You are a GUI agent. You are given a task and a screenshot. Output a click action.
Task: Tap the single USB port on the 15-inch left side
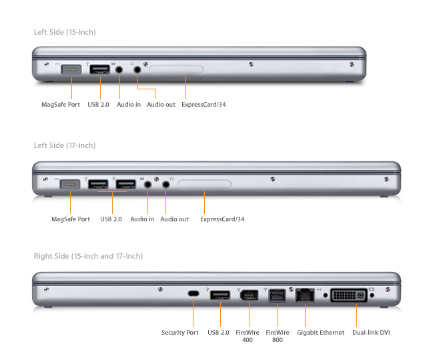point(100,69)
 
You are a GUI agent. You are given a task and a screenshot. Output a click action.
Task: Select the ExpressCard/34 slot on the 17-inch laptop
point(205,183)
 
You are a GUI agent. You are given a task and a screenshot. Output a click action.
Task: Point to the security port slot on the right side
point(193,294)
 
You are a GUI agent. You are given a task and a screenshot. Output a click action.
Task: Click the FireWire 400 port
point(248,294)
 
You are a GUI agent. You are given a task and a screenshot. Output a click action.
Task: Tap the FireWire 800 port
point(276,295)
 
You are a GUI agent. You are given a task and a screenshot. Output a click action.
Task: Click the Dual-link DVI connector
point(348,294)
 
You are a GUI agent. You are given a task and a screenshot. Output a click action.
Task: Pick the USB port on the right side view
point(220,294)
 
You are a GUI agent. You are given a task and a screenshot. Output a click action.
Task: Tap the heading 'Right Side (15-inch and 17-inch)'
point(88,256)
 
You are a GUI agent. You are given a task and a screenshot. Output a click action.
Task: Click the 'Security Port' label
point(180,332)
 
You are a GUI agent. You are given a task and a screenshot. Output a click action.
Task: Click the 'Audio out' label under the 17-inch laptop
point(175,219)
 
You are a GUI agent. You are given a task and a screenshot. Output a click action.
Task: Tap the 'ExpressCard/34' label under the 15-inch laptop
point(203,104)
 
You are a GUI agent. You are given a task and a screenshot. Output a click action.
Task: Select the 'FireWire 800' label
point(277,336)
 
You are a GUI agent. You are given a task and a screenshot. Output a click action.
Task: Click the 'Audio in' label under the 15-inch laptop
point(129,104)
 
